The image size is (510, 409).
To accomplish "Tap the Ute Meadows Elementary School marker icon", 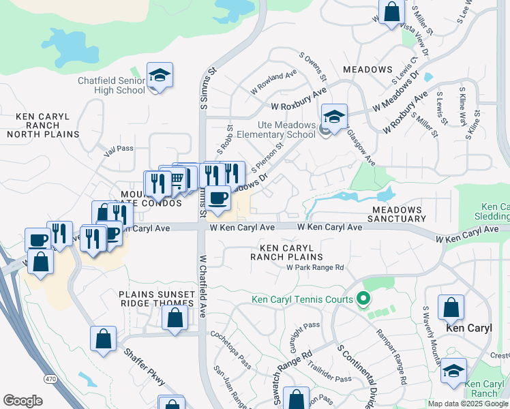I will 334,116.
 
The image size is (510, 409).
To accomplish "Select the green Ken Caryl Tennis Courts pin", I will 363,299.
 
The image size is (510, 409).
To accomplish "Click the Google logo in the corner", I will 22,401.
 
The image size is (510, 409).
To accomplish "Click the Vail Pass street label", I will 114,148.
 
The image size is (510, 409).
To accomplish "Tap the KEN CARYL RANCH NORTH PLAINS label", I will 39,125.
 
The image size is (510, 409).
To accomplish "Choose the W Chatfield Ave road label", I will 202,286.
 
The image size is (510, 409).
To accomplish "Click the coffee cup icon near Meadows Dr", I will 217,198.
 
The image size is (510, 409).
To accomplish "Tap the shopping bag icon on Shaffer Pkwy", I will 103,338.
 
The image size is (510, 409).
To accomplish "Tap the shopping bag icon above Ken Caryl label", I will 451,307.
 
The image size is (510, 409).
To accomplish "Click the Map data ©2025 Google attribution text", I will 468,404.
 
